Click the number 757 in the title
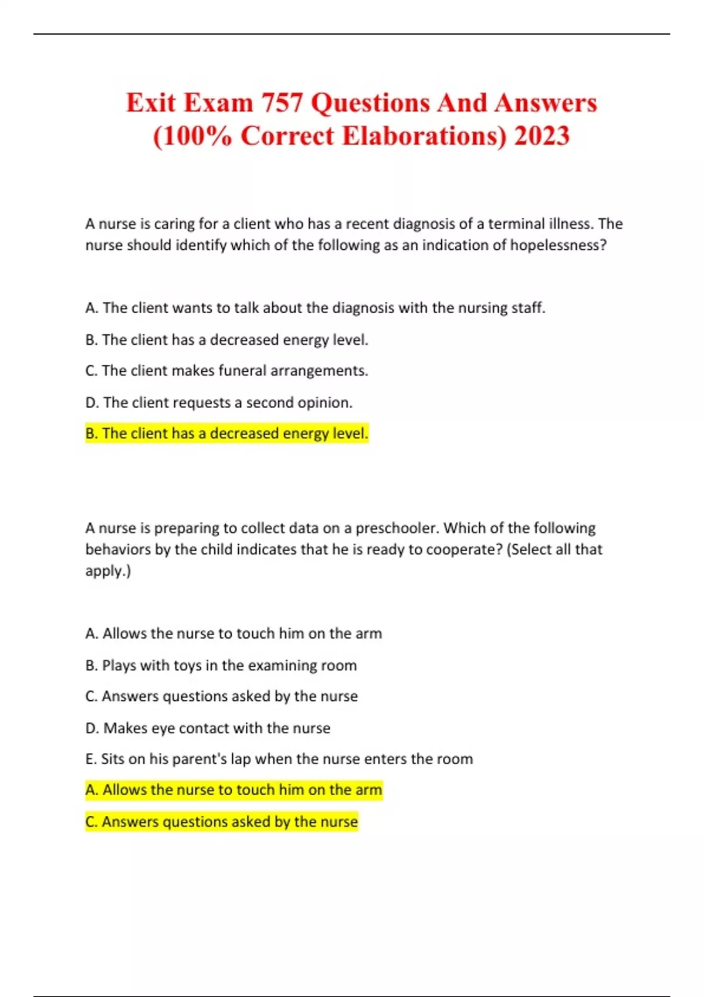pos(282,103)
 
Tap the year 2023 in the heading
pos(541,136)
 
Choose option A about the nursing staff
pos(315,308)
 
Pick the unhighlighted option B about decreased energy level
pos(226,340)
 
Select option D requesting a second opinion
pos(219,403)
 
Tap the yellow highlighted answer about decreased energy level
pos(226,433)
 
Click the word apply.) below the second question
pos(108,571)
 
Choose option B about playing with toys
pos(221,666)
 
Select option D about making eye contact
pos(208,728)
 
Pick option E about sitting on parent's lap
pos(279,759)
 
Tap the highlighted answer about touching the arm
pos(233,791)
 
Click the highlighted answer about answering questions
pos(221,822)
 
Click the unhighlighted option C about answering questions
pos(221,697)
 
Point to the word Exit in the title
pos(151,103)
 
